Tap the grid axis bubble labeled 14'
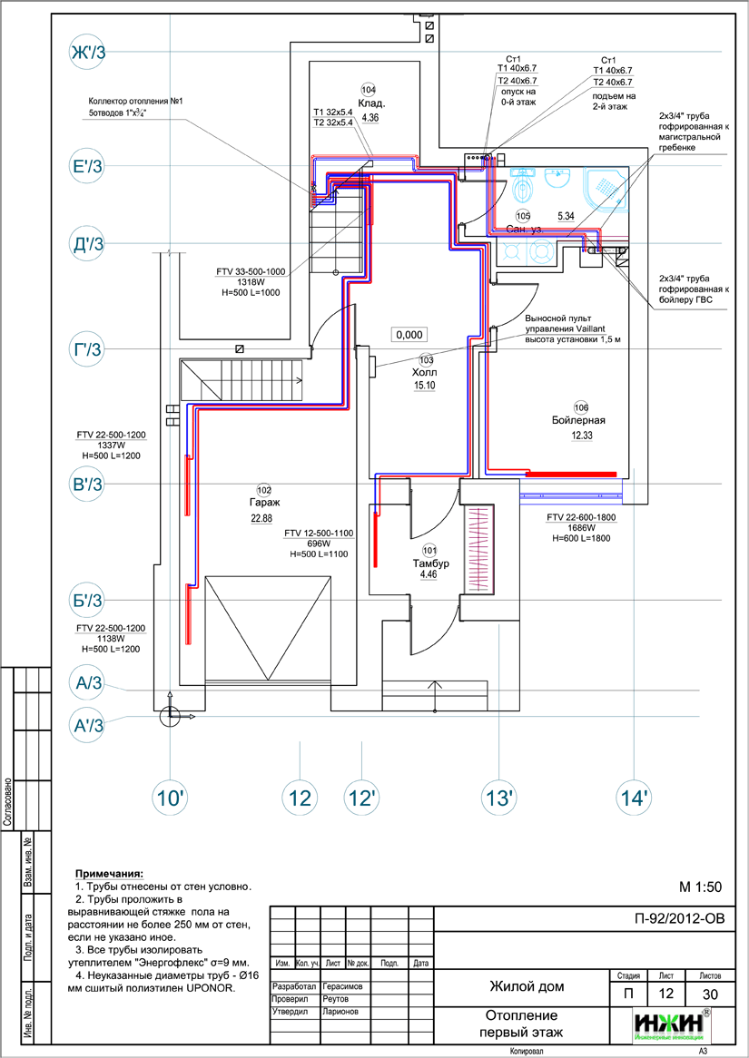[634, 798]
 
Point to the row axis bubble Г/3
[88, 348]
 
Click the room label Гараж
[262, 502]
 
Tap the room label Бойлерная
[578, 421]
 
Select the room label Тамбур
[430, 563]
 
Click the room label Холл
[424, 372]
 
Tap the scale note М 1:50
[700, 886]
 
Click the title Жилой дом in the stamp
[527, 986]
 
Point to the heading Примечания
[115, 871]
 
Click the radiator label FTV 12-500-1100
[318, 534]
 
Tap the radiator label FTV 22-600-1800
[581, 517]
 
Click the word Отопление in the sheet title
[522, 1015]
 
